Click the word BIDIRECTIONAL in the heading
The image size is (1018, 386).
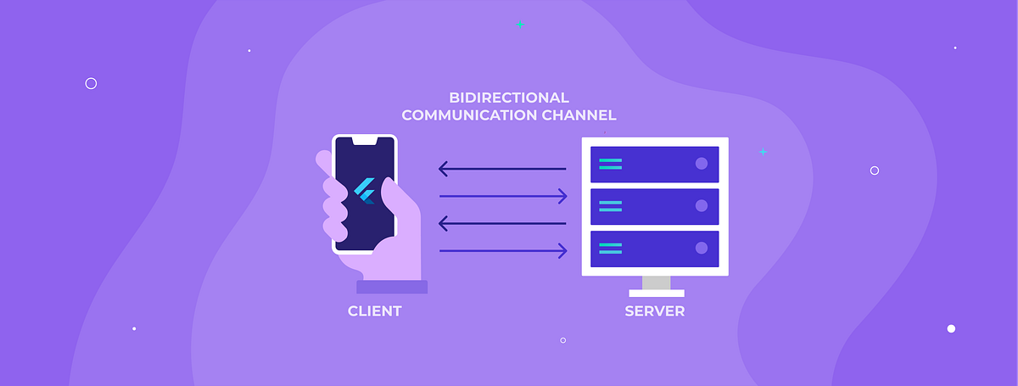pos(509,98)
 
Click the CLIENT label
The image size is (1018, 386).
pos(374,311)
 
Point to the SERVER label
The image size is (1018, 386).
pos(654,311)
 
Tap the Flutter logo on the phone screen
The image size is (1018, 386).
pos(365,192)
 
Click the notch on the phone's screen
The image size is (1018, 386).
pos(365,139)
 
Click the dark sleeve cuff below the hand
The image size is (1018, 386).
pos(392,287)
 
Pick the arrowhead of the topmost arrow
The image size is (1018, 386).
pos(444,169)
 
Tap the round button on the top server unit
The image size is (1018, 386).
pos(702,164)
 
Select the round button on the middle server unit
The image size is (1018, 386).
pos(702,205)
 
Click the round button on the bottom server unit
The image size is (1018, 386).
pos(702,248)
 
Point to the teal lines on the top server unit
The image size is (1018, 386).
pos(610,164)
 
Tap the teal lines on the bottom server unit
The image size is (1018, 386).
pos(610,248)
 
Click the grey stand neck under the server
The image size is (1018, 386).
pos(656,283)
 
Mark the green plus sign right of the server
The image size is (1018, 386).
pos(763,152)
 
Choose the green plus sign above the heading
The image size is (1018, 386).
pos(520,25)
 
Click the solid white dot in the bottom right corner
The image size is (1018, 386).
pos(951,328)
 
